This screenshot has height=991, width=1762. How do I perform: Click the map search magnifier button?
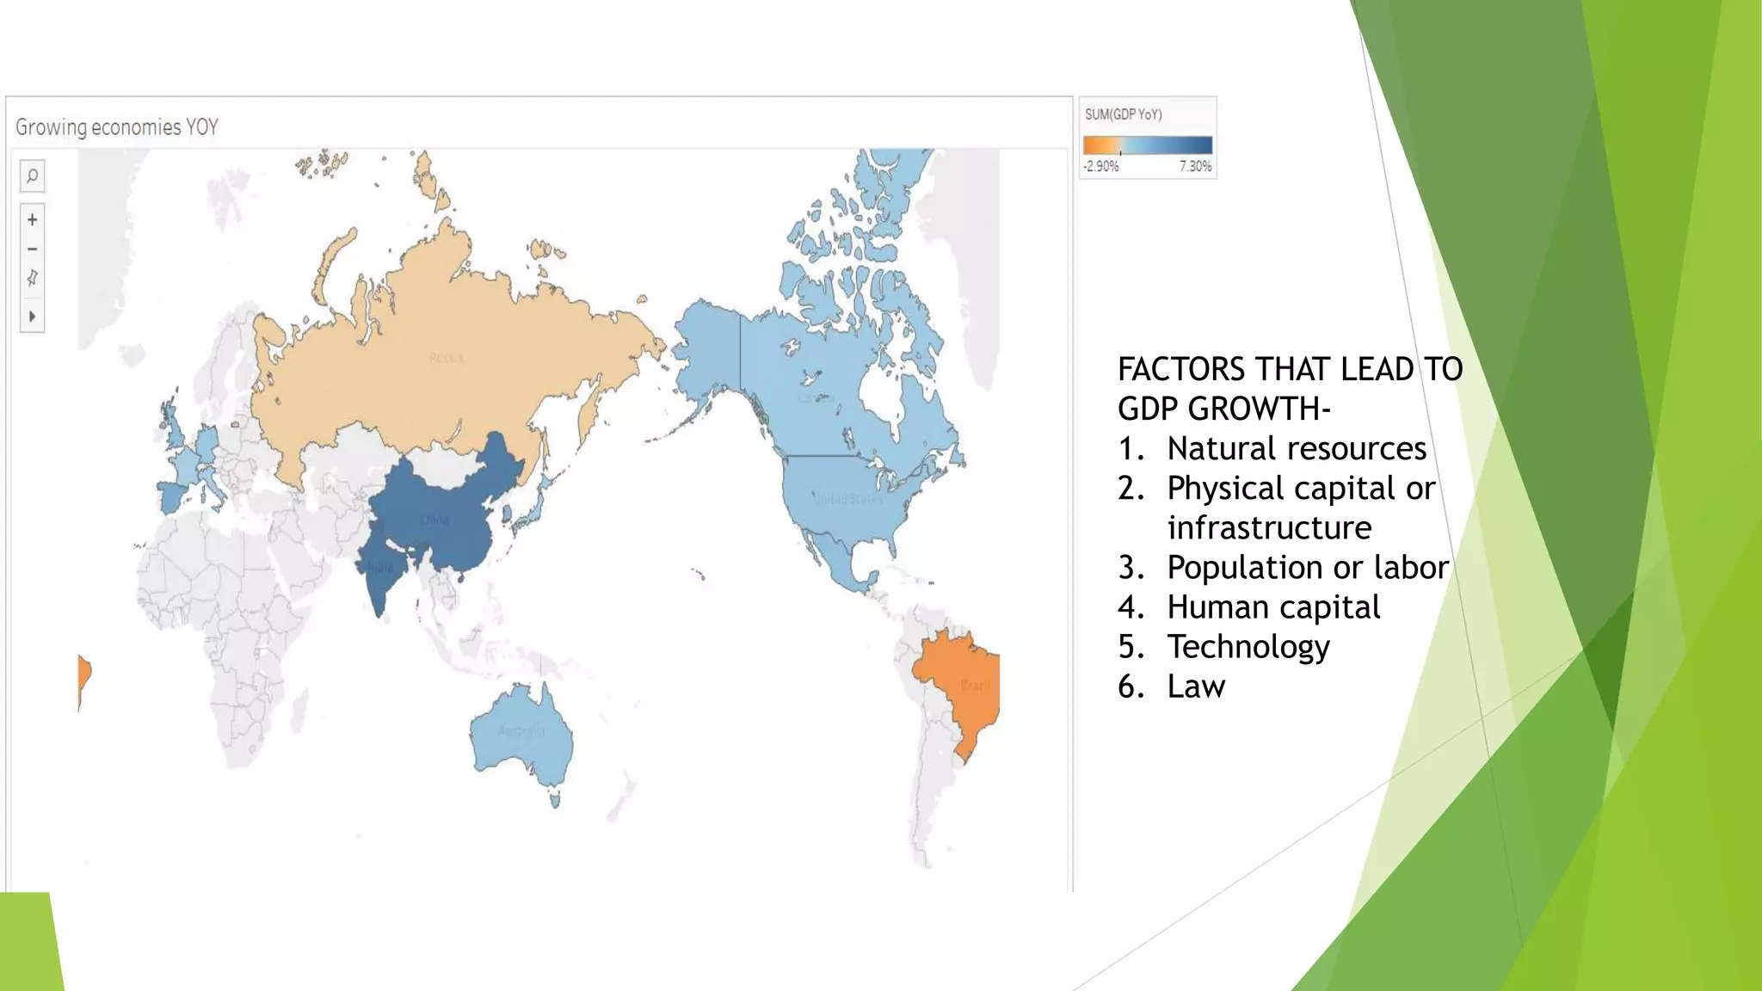coord(32,176)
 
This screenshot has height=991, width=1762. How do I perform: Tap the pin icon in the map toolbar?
coord(32,278)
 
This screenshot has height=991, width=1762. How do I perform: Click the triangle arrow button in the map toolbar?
coord(32,317)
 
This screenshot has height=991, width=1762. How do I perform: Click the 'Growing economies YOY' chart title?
coord(117,127)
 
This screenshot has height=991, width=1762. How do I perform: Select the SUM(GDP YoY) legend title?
coord(1123,114)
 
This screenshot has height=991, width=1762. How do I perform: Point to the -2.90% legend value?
coord(1101,166)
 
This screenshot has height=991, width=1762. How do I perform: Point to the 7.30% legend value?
coord(1195,166)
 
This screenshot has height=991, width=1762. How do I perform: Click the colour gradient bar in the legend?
coord(1148,145)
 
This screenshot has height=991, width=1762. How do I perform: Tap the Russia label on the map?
coord(446,358)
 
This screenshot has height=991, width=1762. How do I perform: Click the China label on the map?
coord(434,520)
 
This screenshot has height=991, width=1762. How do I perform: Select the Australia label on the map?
coord(521,731)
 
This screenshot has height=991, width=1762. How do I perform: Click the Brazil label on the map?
coord(975,686)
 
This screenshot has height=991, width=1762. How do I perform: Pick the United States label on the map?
coord(847,498)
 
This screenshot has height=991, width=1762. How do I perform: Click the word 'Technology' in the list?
coord(1248,647)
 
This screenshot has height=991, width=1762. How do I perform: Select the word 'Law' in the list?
coord(1196,686)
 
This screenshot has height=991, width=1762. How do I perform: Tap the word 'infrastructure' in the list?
coord(1269,528)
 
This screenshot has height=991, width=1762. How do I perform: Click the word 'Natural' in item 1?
coord(1221,449)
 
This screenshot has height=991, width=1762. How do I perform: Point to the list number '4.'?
coord(1131,607)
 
